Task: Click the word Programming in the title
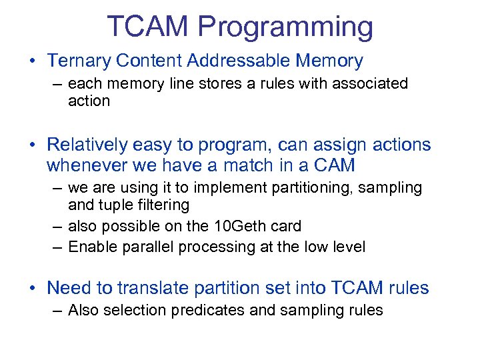click(285, 27)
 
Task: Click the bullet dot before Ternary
click(33, 62)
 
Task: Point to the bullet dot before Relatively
click(33, 145)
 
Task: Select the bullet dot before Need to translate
click(33, 289)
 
